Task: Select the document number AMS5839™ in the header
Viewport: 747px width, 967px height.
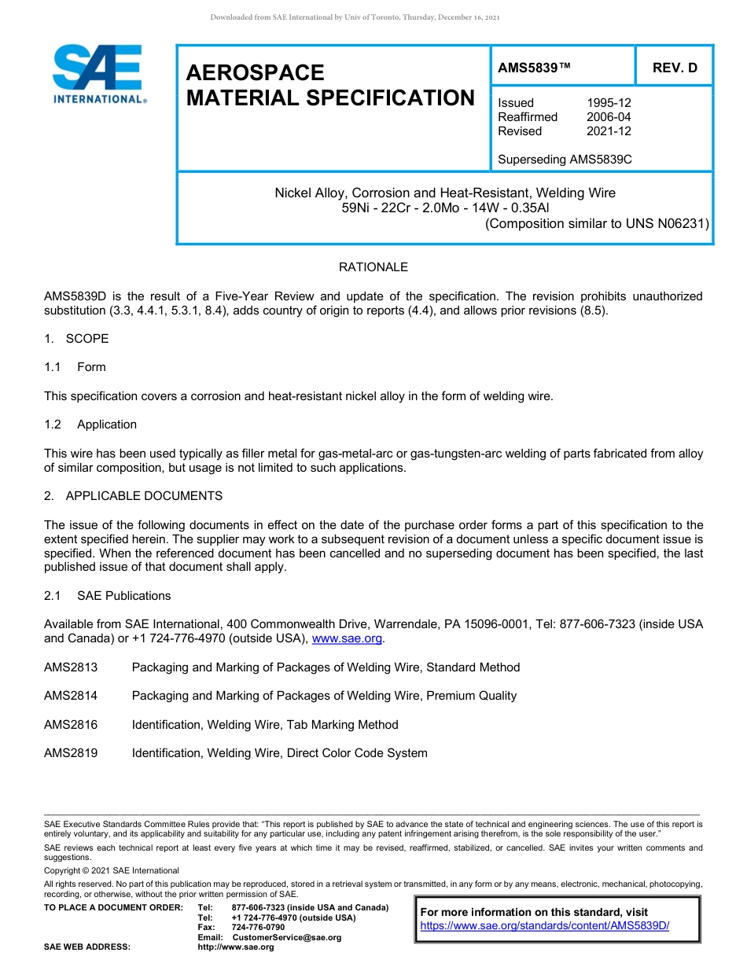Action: (534, 68)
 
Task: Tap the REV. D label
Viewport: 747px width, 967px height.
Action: (675, 68)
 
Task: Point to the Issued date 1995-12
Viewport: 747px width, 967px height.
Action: (609, 103)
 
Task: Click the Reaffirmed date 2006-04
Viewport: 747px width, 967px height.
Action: (609, 117)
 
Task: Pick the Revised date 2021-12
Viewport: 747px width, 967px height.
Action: (609, 131)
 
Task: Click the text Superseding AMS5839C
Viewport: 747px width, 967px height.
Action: (565, 160)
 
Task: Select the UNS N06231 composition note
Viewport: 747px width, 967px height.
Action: (597, 223)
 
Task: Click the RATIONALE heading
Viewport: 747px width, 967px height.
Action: (373, 267)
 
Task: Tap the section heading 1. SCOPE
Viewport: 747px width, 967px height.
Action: (76, 339)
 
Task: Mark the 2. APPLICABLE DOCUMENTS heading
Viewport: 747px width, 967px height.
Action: (133, 496)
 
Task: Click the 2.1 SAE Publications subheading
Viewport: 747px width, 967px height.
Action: (107, 596)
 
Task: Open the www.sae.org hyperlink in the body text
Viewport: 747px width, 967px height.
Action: (347, 639)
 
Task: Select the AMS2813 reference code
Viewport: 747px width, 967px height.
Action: (71, 667)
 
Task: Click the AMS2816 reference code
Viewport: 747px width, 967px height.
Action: (71, 725)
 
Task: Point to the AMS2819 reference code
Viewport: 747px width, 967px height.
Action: (71, 753)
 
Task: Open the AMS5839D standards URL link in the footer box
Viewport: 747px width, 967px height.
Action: (544, 926)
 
